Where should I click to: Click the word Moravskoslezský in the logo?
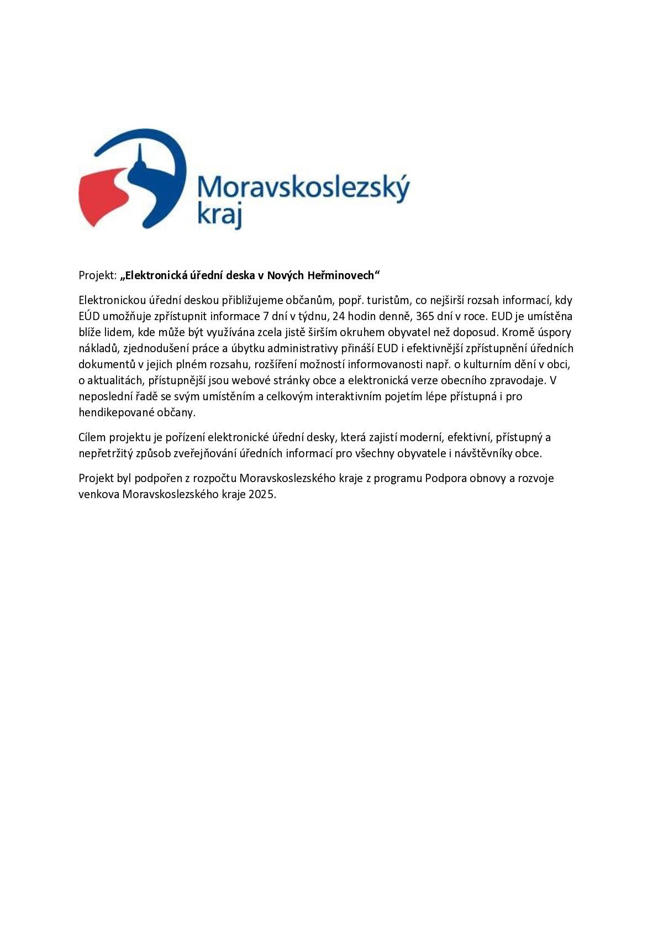(303, 188)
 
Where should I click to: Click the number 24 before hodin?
(339, 316)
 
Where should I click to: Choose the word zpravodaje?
(519, 380)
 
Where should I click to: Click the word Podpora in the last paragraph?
(445, 478)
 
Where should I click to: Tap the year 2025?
(261, 494)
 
